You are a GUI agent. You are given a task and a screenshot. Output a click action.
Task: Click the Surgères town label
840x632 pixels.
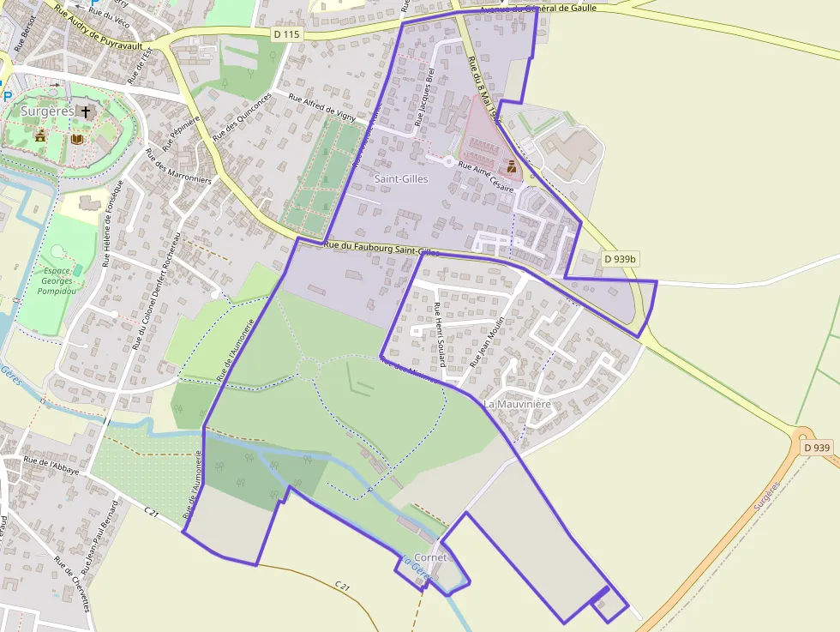coord(47,111)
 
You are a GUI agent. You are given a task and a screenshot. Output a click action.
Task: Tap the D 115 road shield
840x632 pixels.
coord(287,34)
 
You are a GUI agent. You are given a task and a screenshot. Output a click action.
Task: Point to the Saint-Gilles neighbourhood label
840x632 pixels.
coord(401,178)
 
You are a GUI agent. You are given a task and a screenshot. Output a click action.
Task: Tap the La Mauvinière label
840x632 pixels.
coord(518,404)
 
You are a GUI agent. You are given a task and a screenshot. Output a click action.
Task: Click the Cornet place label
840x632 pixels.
coord(430,557)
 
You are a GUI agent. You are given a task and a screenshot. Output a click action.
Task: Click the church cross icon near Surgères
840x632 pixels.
coord(85,111)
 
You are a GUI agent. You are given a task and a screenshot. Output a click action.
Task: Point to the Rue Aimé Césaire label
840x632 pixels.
coord(486,176)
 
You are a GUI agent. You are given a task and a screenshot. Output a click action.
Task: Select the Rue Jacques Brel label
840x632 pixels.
coord(424,97)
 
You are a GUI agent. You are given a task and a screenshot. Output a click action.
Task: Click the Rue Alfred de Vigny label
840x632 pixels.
coord(322,108)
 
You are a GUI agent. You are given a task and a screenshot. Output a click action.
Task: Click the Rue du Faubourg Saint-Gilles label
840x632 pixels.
coord(381,249)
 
